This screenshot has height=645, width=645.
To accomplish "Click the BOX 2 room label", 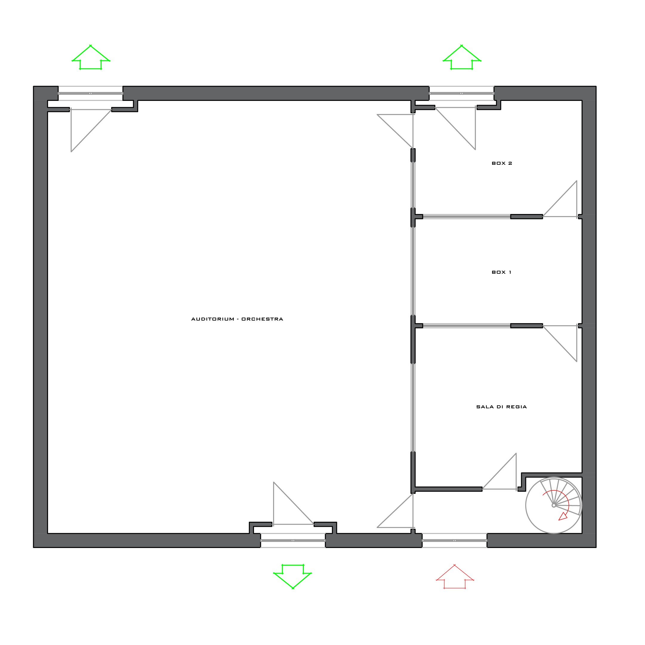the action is [502, 163].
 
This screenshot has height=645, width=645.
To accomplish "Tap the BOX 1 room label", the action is [501, 272].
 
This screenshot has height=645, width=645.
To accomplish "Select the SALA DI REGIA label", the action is [501, 407].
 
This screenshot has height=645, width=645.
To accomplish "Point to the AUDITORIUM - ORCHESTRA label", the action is [237, 319].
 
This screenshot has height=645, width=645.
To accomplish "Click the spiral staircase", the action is [554, 505].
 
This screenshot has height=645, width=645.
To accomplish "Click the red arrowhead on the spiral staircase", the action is [563, 516].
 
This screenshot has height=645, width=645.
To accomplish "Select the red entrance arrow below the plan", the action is [455, 577].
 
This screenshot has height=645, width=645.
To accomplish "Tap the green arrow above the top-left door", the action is [91, 57].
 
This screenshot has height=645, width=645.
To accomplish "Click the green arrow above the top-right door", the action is [462, 57].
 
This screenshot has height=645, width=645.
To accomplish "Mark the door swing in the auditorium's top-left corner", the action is [91, 130].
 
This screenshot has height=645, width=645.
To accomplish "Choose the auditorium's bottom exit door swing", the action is [293, 504].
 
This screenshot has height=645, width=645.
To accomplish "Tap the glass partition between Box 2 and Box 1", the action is [467, 217].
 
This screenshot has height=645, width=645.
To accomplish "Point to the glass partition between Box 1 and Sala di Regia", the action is [467, 326].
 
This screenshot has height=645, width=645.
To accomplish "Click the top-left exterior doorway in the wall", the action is [90, 93].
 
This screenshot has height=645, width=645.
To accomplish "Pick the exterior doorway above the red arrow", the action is [454, 541].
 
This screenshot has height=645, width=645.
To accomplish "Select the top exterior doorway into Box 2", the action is [461, 93].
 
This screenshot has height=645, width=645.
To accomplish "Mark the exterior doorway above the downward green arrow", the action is [293, 541].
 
